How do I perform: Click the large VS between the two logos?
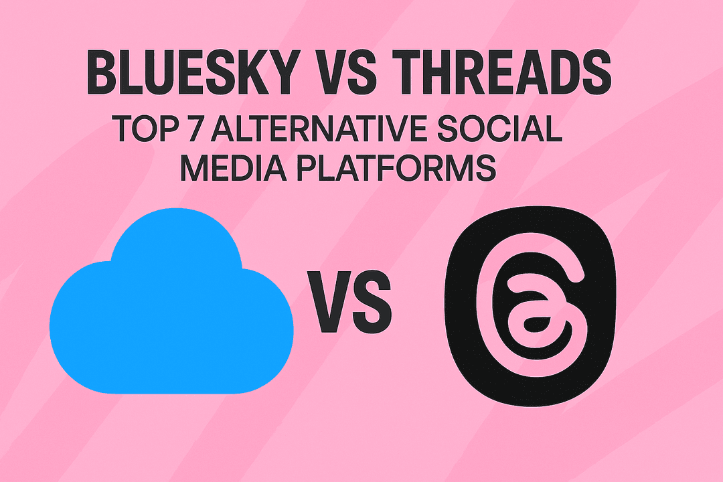click(350, 301)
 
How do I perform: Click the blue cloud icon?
click(171, 301)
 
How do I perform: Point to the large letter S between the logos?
click(372, 301)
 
